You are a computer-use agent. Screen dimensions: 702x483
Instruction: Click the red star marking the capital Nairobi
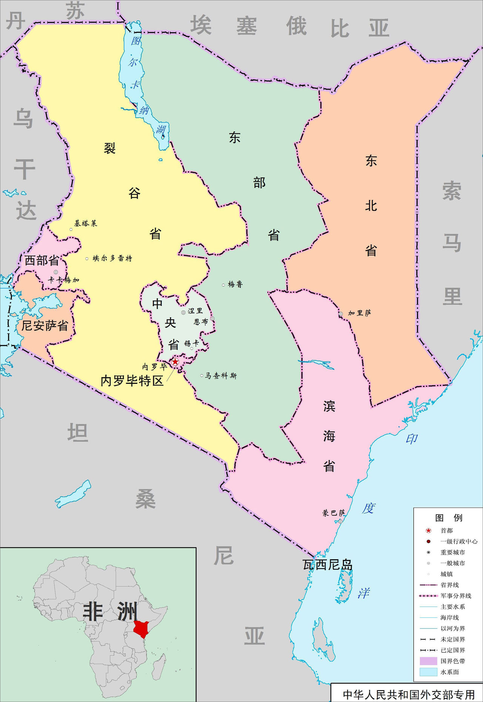(x=175, y=362)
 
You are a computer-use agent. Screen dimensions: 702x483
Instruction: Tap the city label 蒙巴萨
(x=334, y=513)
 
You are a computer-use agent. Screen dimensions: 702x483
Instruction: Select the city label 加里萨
(x=359, y=313)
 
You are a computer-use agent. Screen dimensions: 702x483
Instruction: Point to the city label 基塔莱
(x=86, y=223)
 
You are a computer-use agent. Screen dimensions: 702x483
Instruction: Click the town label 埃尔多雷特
(x=112, y=258)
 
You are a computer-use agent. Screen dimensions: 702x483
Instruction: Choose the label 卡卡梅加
(x=64, y=280)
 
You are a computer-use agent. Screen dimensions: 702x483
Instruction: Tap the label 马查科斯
(x=221, y=376)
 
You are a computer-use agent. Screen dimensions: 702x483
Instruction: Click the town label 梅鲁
(x=235, y=284)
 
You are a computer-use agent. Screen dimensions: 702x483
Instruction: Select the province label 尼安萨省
(x=45, y=325)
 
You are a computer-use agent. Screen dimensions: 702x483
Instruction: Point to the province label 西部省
(x=42, y=260)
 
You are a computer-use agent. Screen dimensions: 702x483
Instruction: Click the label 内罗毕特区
(x=132, y=380)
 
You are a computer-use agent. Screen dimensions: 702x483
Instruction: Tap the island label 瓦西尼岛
(x=328, y=565)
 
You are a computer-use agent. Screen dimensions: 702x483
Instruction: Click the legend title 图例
(x=448, y=518)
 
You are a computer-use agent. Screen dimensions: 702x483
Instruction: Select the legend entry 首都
(x=446, y=530)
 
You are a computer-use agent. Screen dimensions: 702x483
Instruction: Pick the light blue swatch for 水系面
(x=428, y=672)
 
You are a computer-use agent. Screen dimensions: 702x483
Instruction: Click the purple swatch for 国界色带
(x=428, y=661)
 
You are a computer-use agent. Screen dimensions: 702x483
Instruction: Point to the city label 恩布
(x=201, y=322)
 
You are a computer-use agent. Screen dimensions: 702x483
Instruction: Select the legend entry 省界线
(x=449, y=585)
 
